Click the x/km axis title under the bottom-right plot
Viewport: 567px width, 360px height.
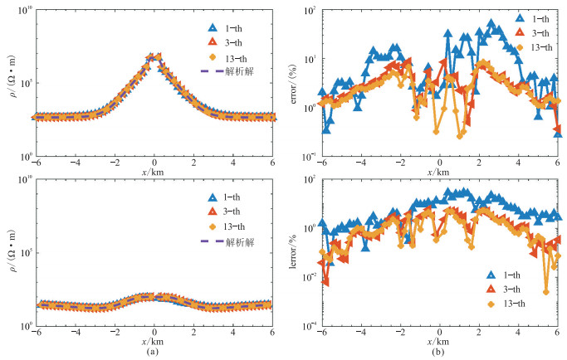click(439, 340)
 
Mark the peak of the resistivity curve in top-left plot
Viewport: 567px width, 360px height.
click(154, 56)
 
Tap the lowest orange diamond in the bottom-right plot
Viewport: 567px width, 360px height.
click(545, 291)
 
